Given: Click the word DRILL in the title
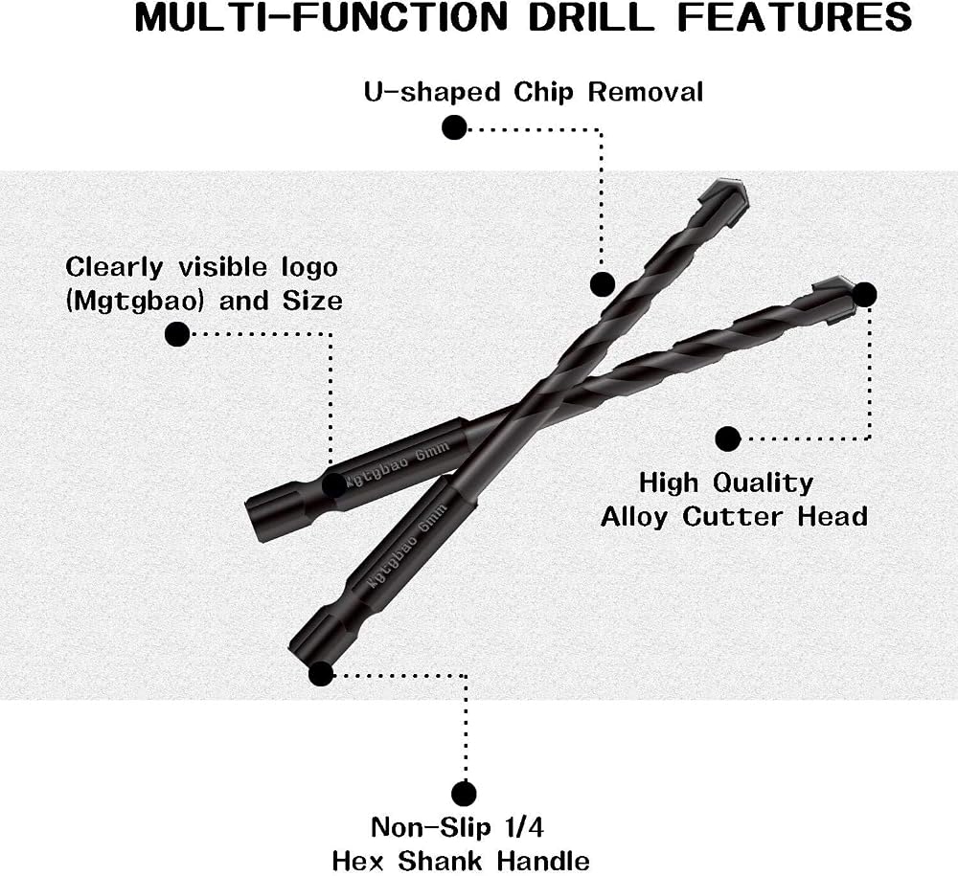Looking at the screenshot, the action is (x=589, y=17).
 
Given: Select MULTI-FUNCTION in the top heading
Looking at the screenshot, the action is (x=321, y=17).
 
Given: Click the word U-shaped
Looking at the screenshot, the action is (x=432, y=92).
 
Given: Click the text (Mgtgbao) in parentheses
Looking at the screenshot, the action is (x=134, y=301).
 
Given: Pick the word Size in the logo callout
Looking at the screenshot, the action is (x=312, y=301).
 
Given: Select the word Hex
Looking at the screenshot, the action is (x=358, y=862).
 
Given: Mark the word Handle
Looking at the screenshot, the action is (x=542, y=862).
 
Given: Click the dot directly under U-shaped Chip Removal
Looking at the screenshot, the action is (x=454, y=127).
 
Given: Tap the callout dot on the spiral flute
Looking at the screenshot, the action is (x=603, y=283).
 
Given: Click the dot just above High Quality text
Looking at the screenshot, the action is (x=728, y=438).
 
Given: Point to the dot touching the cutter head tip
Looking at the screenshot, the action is (x=864, y=295).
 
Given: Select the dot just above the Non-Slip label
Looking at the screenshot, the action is (x=464, y=794).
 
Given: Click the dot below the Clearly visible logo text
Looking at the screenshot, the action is (x=177, y=334).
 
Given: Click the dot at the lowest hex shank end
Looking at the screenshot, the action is (x=321, y=674).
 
